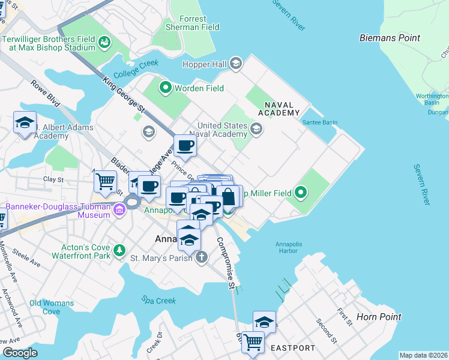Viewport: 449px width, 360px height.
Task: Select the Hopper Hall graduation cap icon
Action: (x=237, y=62)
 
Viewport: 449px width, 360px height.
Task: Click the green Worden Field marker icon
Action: (x=165, y=88)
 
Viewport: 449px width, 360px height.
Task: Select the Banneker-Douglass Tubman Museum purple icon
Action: (x=119, y=210)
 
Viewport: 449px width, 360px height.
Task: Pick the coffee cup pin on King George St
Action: (x=185, y=145)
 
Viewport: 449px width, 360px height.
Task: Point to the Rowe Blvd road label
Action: (x=46, y=94)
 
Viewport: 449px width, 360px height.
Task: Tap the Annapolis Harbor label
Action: (x=287, y=247)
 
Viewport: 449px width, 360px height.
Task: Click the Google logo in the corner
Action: (x=20, y=353)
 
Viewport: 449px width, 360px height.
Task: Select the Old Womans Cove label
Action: (x=52, y=307)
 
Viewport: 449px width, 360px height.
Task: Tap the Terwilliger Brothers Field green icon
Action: (x=104, y=41)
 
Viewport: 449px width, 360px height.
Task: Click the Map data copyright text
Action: (x=423, y=355)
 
